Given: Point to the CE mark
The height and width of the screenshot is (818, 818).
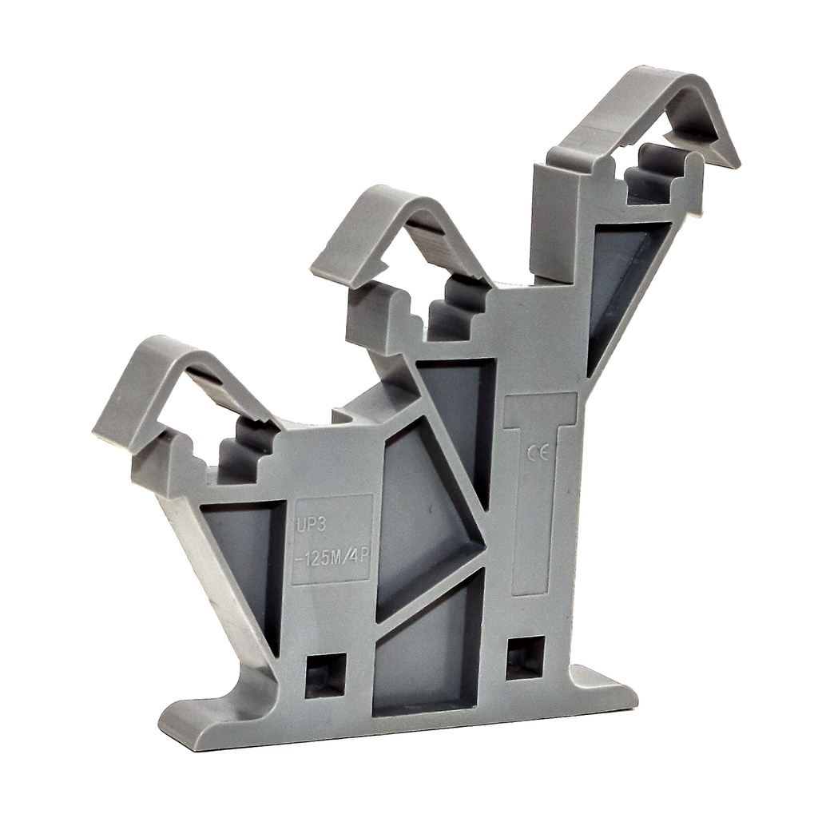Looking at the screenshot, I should tap(537, 455).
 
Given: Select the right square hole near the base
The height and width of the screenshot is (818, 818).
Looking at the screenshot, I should tap(525, 657).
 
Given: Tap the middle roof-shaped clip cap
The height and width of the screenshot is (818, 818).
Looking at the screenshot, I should tap(399, 228).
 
